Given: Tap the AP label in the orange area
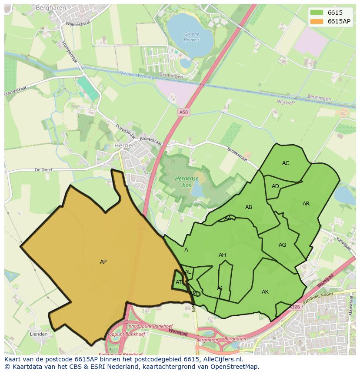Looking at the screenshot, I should point(103,262).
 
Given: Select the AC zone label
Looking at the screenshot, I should point(286,163).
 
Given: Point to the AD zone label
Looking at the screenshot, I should point(275,186).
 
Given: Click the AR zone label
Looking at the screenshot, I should point(306,204).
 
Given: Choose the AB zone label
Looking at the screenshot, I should point(249,207).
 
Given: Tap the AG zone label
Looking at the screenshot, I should point(283,245).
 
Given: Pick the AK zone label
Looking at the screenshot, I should point(265,292).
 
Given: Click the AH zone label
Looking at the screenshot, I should point(222,255).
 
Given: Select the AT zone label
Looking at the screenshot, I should point(179,282).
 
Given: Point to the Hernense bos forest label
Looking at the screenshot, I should point(187,182).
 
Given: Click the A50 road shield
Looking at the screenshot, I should point(184,113).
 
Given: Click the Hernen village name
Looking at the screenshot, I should point(125,146).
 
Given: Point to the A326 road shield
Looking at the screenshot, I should point(295,307).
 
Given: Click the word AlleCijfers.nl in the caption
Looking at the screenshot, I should point(223,359).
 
